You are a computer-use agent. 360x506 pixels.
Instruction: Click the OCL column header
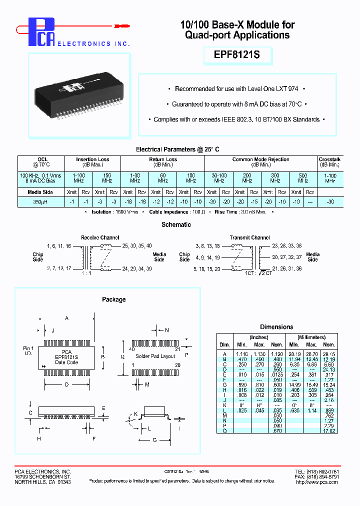42,162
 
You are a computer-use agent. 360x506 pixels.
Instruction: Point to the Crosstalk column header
329,162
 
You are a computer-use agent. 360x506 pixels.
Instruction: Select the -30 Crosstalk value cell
329,201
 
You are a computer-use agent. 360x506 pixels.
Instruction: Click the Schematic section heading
176,225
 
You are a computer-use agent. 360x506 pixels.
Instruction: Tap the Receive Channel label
99,237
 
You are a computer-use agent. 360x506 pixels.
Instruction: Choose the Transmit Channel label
249,237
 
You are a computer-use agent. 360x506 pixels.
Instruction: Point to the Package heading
113,299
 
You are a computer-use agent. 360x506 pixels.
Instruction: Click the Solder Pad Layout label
155,356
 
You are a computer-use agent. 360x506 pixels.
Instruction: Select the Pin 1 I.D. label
28,350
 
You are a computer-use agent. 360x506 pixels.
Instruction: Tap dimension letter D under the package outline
67,384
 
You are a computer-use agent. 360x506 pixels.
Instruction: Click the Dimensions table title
276,327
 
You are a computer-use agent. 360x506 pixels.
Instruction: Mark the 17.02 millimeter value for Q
328,430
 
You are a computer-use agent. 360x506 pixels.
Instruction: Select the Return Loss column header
163,162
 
